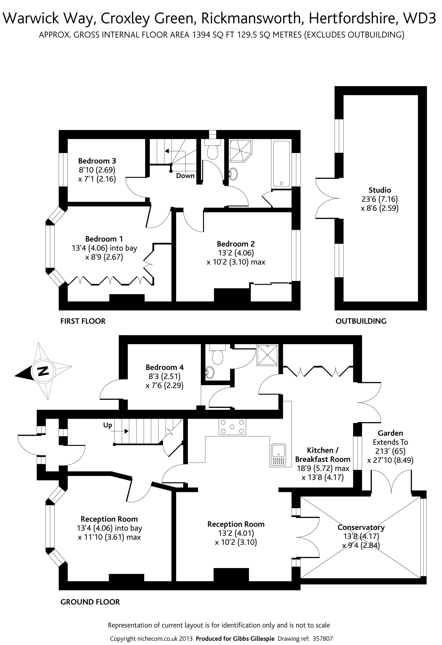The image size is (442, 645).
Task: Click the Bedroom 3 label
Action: [97, 161]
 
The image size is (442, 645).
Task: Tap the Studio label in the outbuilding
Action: [380, 190]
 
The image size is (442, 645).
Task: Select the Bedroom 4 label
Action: [165, 367]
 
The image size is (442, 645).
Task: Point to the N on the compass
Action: [43, 371]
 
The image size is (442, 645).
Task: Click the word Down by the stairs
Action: [185, 176]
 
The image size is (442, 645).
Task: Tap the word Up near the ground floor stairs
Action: [108, 425]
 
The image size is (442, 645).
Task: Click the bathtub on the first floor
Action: [281, 164]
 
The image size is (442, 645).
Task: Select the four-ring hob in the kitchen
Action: [232, 427]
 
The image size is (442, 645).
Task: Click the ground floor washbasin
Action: [210, 372]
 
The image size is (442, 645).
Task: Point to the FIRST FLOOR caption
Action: [83, 321]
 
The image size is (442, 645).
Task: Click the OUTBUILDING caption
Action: [361, 321]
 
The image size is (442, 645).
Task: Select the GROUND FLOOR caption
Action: [90, 602]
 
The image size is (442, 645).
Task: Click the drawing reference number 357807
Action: [322, 637]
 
